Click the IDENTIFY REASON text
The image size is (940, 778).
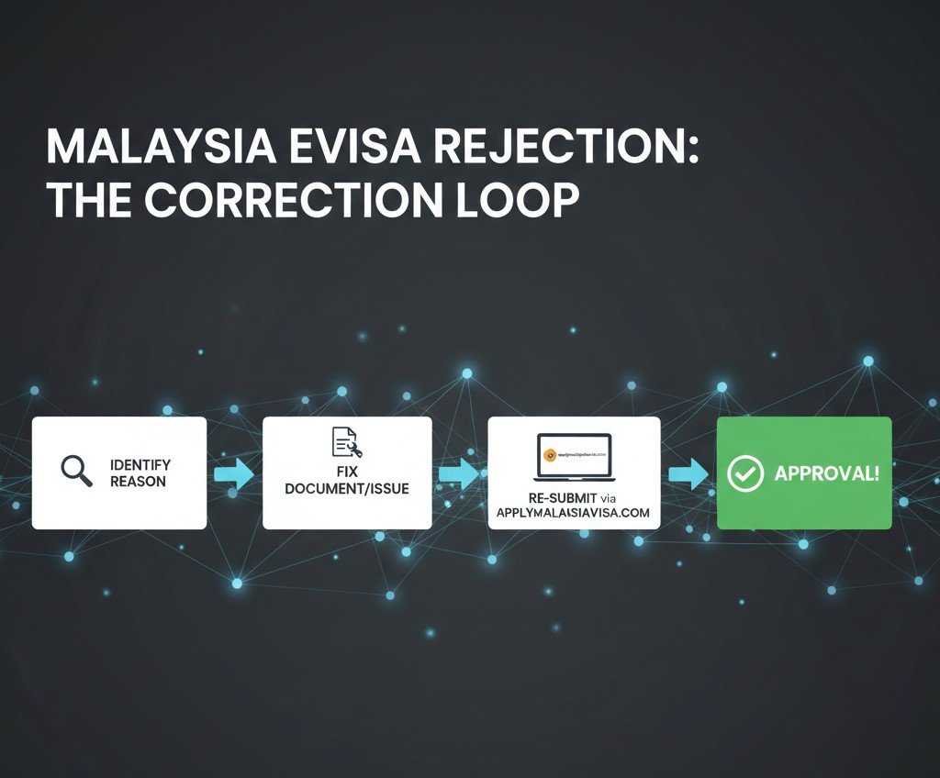coord(140,472)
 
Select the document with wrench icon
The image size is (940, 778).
coord(346,443)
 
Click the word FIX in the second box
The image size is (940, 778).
coord(346,471)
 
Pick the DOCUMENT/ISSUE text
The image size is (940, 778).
coord(346,488)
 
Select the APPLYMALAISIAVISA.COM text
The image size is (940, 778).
coord(573,512)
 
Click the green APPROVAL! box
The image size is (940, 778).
coord(803,472)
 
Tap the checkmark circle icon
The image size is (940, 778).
coord(744,473)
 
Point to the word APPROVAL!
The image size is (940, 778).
coord(826,473)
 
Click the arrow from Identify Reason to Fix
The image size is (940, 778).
coord(234,474)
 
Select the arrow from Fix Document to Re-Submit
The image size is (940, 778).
coord(459,474)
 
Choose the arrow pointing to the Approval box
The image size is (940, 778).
coord(688,474)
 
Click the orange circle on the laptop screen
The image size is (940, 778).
coord(549,452)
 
